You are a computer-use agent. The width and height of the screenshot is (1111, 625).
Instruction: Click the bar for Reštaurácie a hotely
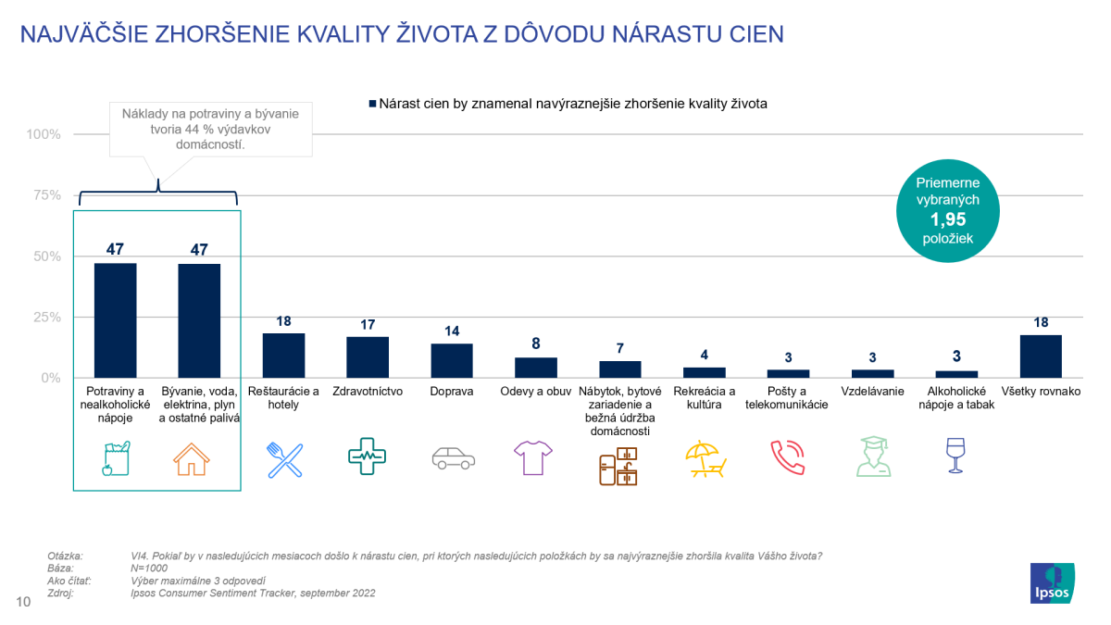[283, 356]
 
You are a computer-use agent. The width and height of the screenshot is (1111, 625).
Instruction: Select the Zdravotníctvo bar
[368, 357]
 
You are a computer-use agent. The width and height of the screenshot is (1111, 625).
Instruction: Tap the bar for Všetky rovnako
[1041, 356]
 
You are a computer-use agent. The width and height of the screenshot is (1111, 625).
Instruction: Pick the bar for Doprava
[452, 361]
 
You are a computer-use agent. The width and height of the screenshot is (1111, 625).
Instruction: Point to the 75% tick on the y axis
[44, 195]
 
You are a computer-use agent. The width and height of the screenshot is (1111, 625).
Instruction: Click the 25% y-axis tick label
[44, 318]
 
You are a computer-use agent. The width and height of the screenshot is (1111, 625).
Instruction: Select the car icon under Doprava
[453, 458]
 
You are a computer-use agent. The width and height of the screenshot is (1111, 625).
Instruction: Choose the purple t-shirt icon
[535, 457]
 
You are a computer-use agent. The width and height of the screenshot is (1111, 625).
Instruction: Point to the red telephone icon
[788, 458]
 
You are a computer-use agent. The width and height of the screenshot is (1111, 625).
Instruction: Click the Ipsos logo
[1053, 582]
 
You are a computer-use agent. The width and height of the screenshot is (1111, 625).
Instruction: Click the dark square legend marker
[372, 105]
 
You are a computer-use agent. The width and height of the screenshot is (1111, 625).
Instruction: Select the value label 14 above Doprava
[452, 331]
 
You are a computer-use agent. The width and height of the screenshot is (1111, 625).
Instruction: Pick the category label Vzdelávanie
[872, 392]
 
